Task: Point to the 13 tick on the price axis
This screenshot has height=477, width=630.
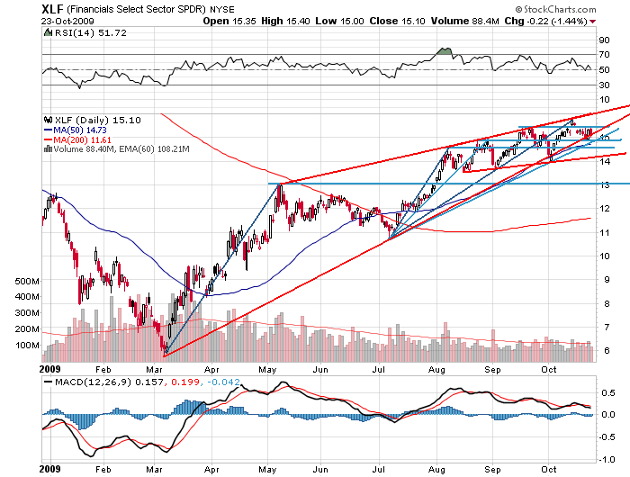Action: coord(607,184)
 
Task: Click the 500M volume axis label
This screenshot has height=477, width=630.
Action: coord(27,282)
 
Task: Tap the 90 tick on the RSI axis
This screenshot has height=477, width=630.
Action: coord(606,40)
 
